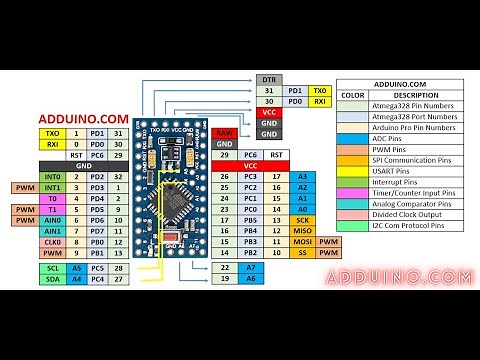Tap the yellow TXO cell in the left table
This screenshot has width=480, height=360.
click(x=53, y=133)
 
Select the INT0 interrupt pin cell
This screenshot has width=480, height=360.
click(x=53, y=176)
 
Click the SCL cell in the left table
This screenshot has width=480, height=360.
click(x=53, y=269)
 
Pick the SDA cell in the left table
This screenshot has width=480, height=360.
click(x=53, y=280)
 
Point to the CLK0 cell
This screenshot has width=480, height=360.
click(x=53, y=242)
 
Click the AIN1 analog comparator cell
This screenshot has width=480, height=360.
click(x=53, y=231)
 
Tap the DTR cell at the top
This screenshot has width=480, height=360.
click(x=268, y=78)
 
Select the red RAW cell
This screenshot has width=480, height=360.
click(x=225, y=133)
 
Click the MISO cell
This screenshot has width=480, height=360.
click(x=302, y=230)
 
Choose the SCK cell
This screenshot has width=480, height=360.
click(x=302, y=219)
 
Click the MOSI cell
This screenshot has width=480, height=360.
click(x=302, y=242)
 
